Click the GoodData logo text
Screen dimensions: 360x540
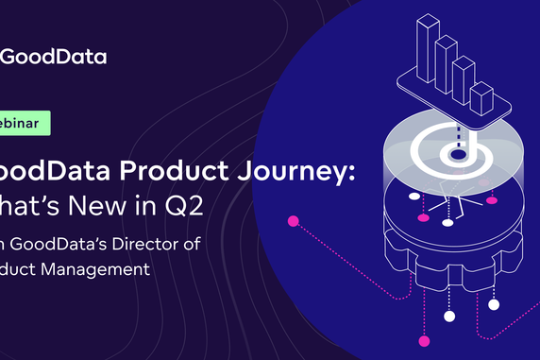click(x=53, y=56)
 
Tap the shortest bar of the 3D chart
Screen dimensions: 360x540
click(x=481, y=99)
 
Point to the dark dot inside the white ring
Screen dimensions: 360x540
click(x=458, y=152)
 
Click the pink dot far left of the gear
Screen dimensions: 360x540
click(x=293, y=222)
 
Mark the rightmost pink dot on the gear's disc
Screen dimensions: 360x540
click(x=491, y=200)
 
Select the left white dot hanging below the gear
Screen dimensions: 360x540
click(x=449, y=315)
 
